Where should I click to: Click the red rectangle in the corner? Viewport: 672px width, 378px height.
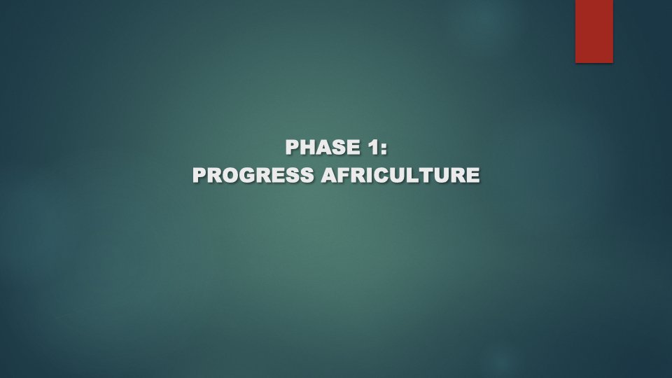pyautogui.click(x=594, y=31)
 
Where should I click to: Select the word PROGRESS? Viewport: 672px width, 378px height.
pyautogui.click(x=254, y=175)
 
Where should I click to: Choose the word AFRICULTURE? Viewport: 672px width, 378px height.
pyautogui.click(x=400, y=175)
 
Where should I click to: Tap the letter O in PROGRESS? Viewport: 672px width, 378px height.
pyautogui.click(x=230, y=175)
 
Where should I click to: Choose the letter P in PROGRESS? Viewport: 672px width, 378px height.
pyautogui.click(x=199, y=175)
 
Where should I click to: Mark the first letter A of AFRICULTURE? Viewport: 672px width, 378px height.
pyautogui.click(x=328, y=175)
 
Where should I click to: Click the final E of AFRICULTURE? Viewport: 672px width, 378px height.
pyautogui.click(x=474, y=175)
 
